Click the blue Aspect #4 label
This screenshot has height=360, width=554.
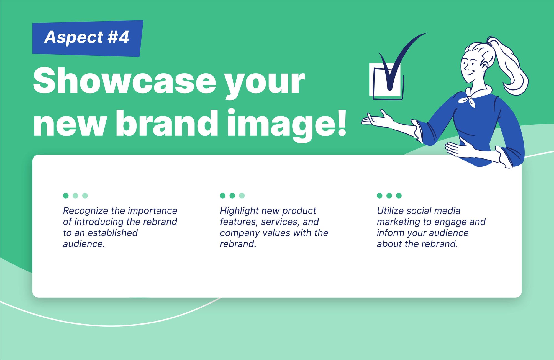point(88,38)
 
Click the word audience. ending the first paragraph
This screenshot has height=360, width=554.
point(84,244)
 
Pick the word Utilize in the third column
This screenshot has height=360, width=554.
point(390,211)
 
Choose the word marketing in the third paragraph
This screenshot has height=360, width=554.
point(399,222)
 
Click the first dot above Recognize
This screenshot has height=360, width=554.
point(66,196)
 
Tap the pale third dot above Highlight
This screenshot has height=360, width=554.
point(242,196)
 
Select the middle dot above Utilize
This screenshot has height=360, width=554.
point(389,196)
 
